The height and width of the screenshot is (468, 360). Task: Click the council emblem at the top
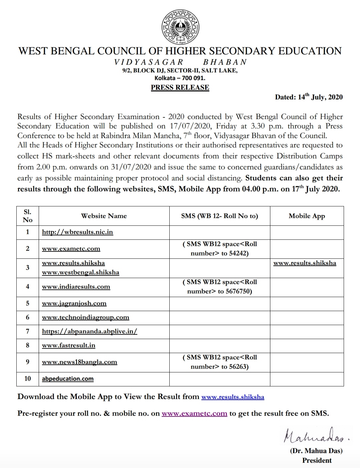coord(180,27)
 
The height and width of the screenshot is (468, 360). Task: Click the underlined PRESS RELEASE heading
coord(180,87)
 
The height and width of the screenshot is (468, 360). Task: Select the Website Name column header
coord(104,216)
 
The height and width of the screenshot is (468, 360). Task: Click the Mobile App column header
coord(307,216)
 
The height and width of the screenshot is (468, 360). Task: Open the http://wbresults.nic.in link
coord(77,232)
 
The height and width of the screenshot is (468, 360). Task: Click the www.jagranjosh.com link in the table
coord(74,303)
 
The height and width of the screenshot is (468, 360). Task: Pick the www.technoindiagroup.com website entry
coord(85,317)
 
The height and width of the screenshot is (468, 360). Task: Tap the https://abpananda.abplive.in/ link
coord(89,331)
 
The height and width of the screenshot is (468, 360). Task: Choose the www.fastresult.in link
coord(68,345)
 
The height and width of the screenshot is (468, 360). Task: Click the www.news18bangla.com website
coord(79,362)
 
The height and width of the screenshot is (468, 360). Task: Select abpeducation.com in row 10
coord(68,379)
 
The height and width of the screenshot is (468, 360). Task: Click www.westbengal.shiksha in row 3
coord(80,272)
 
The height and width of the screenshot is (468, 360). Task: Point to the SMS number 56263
coord(237,367)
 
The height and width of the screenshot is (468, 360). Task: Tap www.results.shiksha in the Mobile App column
coord(305,263)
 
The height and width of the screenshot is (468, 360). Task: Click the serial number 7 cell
coord(28,331)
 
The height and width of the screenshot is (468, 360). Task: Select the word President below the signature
coord(317,460)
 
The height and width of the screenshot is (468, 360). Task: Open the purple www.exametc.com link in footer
coord(194,414)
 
